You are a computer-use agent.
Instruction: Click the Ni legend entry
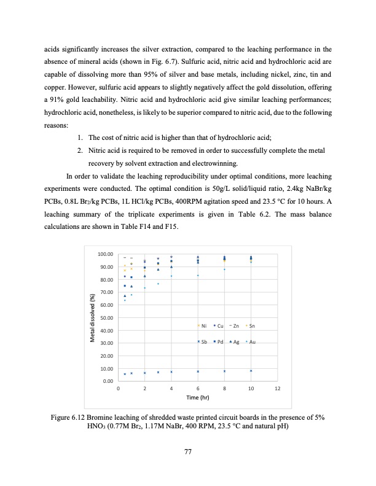[202, 325]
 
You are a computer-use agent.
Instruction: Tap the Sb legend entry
[202, 341]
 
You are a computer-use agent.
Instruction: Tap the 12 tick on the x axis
[278, 390]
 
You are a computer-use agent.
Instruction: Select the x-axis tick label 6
[198, 390]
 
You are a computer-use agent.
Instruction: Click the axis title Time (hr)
[198, 398]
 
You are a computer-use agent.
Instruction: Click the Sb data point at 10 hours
[251, 371]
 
